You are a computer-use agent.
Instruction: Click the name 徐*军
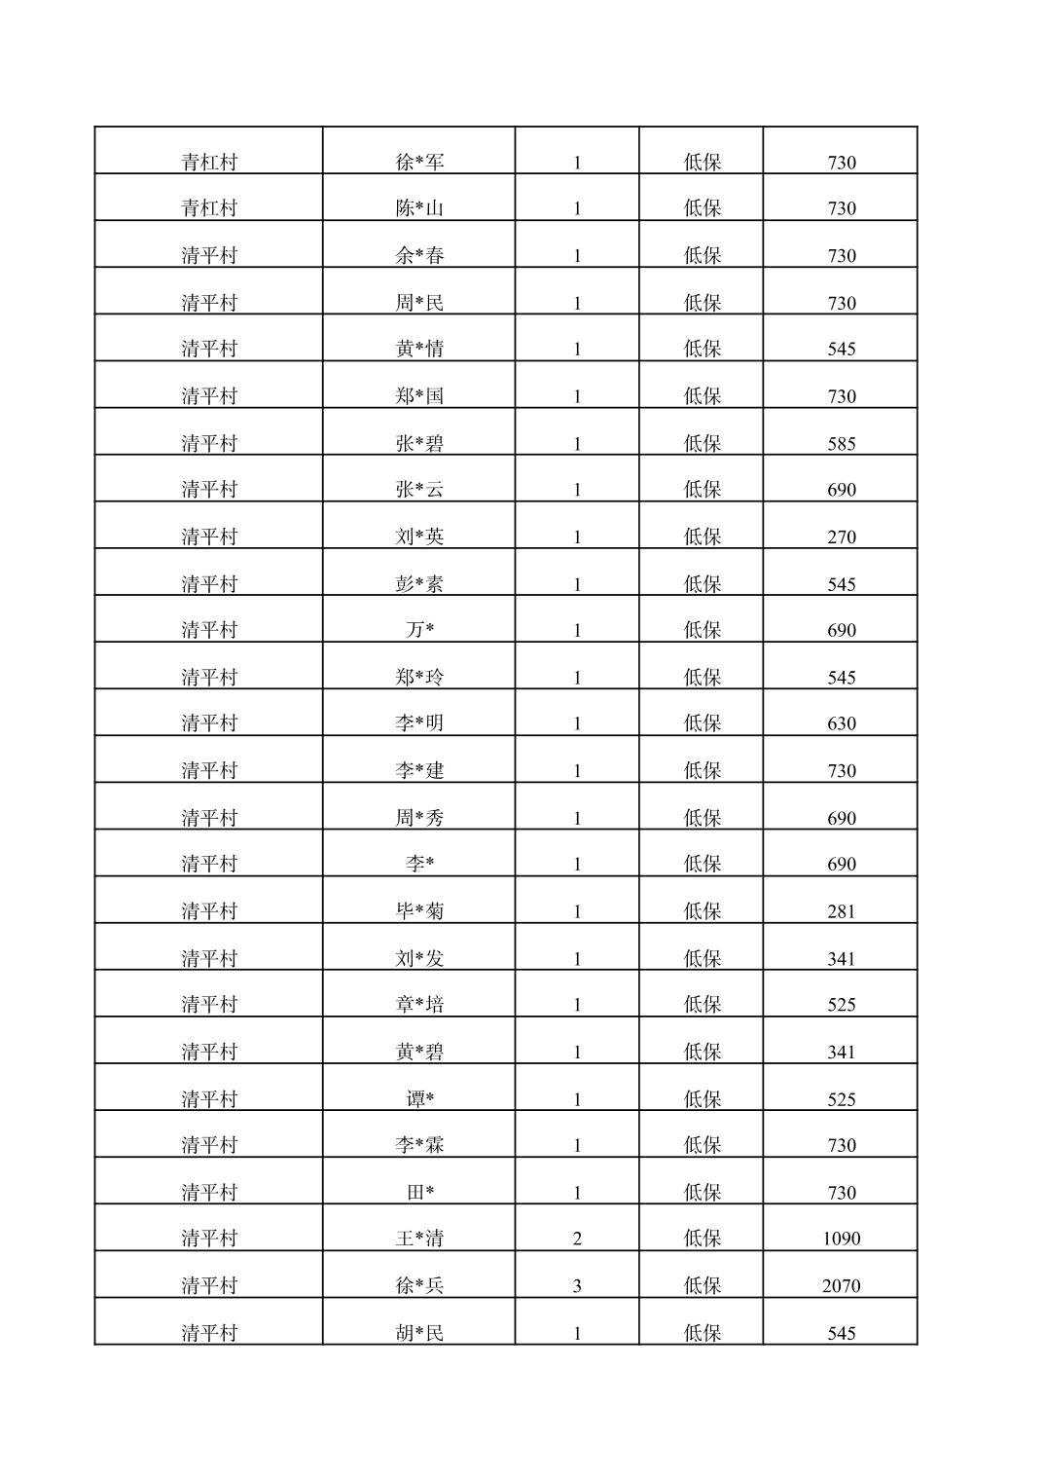419,162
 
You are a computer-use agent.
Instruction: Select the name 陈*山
419,208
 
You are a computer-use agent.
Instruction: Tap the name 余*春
419,255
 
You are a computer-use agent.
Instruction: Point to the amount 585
841,444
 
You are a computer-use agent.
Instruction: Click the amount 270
841,536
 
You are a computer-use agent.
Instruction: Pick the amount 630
841,723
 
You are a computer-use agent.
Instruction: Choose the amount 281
841,911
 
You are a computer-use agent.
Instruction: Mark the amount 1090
841,1239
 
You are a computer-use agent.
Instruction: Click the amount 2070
841,1285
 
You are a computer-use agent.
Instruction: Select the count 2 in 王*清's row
577,1239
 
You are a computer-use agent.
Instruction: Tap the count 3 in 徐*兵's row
577,1285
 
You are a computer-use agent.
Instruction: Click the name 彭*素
419,584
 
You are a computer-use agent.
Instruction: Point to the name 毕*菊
419,911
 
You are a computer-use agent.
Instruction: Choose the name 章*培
419,1005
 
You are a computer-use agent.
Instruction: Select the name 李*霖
419,1145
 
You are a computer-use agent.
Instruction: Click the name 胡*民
419,1333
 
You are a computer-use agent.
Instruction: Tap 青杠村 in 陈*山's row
209,208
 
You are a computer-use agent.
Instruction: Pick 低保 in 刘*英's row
702,536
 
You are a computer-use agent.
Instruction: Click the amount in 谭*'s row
841,1099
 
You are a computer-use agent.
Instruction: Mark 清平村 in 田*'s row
209,1193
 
